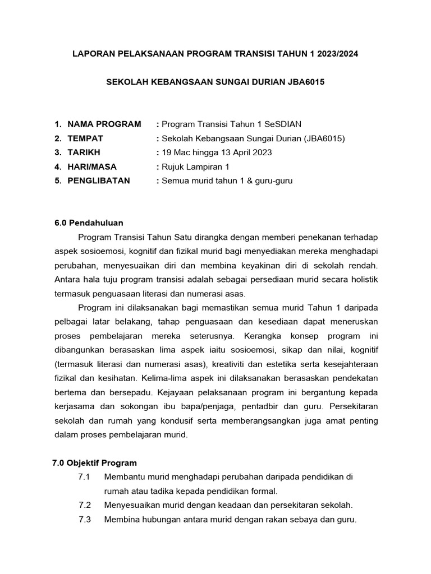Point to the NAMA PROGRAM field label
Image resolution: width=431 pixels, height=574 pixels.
pos(104,124)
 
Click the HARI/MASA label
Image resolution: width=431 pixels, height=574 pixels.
pos(92,166)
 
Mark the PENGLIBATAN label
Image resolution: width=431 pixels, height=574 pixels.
pos(98,180)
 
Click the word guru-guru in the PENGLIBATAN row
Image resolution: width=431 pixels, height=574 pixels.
pos(274,180)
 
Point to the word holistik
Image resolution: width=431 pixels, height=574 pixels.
pos(363,279)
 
